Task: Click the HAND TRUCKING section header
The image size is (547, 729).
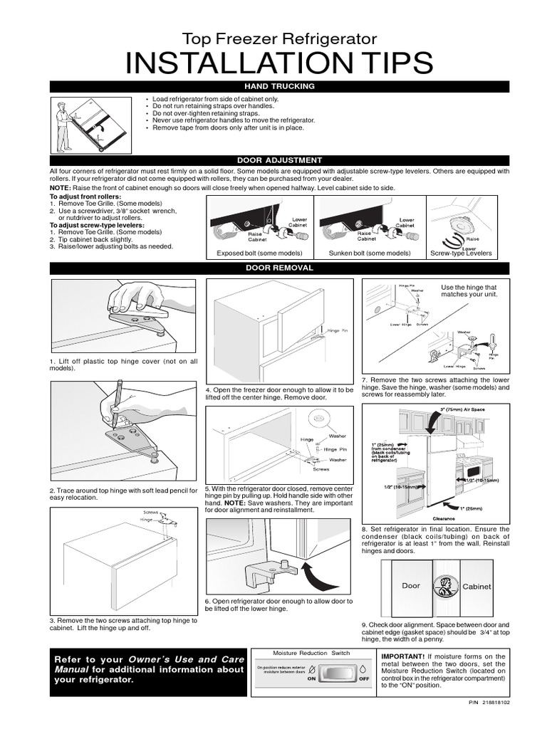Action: pos(279,86)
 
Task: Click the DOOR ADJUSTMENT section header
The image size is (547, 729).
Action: pos(279,160)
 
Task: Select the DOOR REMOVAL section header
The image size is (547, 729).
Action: pos(279,268)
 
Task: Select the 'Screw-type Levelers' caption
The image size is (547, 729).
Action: pos(461,253)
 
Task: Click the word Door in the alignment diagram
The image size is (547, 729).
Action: pos(411,586)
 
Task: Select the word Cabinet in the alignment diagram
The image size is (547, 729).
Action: pos(477,587)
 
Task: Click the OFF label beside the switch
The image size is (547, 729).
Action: pos(363,679)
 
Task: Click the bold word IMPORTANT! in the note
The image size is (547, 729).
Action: pos(403,656)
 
